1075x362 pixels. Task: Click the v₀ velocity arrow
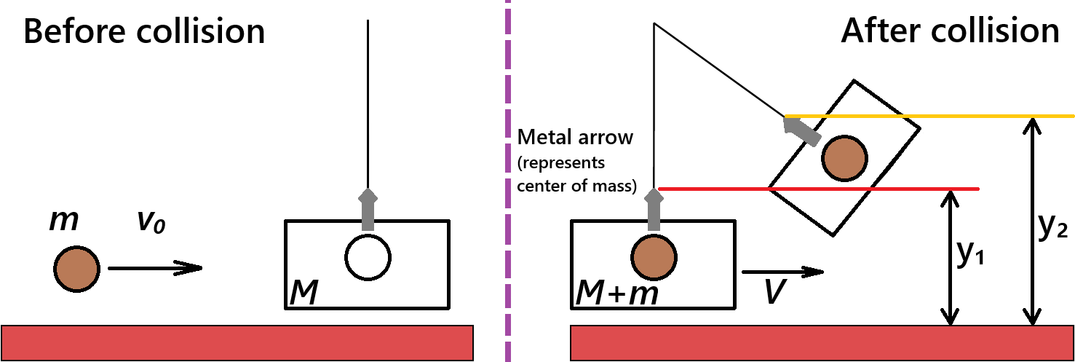[x=154, y=268]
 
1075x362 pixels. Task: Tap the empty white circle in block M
[x=368, y=257]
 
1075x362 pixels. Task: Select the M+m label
[x=617, y=294]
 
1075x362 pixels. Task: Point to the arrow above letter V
[x=782, y=272]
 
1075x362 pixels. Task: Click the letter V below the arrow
[x=774, y=292]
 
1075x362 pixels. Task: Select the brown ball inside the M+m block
[x=652, y=257]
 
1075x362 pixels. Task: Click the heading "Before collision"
[x=144, y=33]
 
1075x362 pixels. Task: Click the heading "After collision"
[x=950, y=32]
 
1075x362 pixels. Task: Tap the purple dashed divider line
[x=507, y=182]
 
